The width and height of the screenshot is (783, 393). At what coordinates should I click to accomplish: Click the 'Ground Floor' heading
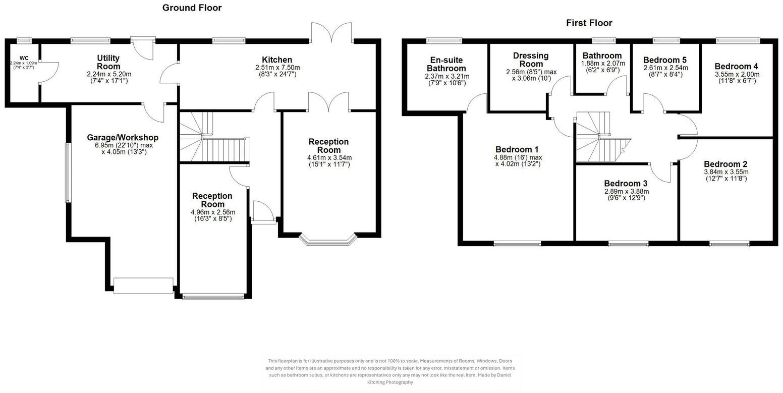pyautogui.click(x=192, y=8)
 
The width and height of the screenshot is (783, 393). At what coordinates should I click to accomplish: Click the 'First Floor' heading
pyautogui.click(x=589, y=23)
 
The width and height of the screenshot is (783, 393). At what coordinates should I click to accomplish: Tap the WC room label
pyautogui.click(x=24, y=58)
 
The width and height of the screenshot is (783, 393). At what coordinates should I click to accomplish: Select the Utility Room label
pyautogui.click(x=108, y=63)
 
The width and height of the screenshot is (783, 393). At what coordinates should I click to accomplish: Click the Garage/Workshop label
pyautogui.click(x=123, y=138)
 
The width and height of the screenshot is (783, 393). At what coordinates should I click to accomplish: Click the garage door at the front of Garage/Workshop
pyautogui.click(x=143, y=286)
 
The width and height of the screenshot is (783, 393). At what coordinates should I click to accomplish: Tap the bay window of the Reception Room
pyautogui.click(x=328, y=241)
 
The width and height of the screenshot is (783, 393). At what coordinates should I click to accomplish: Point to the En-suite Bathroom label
pyautogui.click(x=446, y=64)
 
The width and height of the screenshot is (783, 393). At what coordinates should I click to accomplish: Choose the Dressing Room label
pyautogui.click(x=531, y=60)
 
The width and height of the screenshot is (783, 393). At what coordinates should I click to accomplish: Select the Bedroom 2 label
pyautogui.click(x=725, y=164)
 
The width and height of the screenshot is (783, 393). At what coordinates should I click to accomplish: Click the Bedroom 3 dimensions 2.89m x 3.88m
pyautogui.click(x=626, y=192)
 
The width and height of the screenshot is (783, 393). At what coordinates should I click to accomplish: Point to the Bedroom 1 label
pyautogui.click(x=517, y=149)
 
